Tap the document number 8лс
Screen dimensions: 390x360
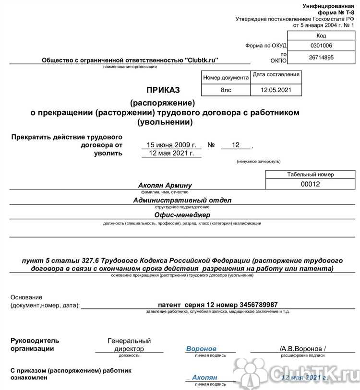(226, 90)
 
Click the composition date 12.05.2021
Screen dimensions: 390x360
(276, 90)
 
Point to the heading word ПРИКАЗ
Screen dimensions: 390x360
(163, 90)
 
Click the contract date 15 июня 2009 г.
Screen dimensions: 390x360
(171, 145)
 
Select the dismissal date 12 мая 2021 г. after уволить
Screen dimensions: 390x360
(171, 154)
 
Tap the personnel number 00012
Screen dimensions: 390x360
(310, 184)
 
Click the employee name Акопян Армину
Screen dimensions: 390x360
(165, 186)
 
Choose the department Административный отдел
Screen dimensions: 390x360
(182, 200)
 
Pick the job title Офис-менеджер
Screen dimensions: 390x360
(182, 215)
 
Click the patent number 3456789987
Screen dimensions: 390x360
(254, 305)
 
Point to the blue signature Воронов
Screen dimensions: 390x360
(201, 348)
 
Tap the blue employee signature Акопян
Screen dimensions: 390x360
(204, 378)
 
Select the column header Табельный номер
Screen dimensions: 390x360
(310, 175)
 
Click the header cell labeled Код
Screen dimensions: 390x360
(321, 36)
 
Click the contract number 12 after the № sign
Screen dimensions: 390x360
(235, 145)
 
